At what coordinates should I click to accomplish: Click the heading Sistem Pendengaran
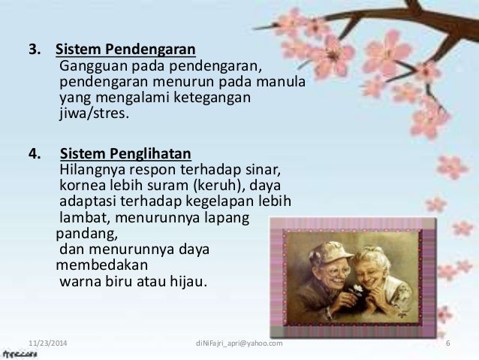click(125, 51)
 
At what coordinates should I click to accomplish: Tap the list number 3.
click(32, 51)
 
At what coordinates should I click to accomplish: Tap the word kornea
click(80, 185)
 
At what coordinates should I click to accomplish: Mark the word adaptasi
click(86, 201)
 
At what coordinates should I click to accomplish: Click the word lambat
click(81, 218)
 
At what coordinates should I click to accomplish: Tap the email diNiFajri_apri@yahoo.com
click(238, 343)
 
